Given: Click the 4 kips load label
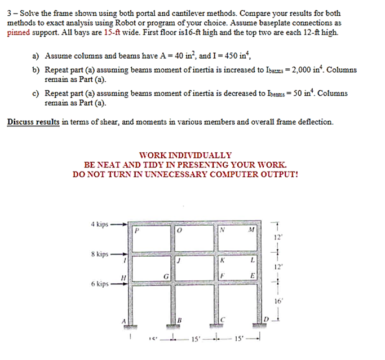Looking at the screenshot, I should (100, 224).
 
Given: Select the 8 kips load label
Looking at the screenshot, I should (100, 254).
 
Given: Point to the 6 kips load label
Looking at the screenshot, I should (100, 283).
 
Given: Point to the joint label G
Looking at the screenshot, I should (166, 276).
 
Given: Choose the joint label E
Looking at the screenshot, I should (253, 275).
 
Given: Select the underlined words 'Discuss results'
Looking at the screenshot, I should (33, 121).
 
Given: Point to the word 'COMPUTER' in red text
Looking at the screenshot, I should (234, 174).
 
